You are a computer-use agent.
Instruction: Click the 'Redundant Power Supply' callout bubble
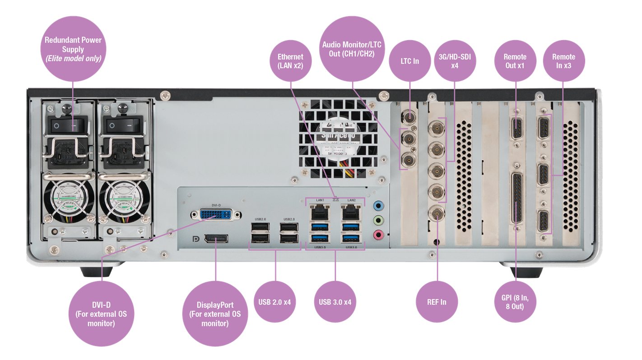click(x=73, y=48)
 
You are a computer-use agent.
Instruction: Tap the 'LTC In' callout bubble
click(x=409, y=60)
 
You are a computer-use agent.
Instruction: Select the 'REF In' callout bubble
click(x=437, y=301)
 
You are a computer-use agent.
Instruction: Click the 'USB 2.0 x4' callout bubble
click(x=275, y=301)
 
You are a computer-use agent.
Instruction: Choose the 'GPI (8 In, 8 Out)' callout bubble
click(x=515, y=301)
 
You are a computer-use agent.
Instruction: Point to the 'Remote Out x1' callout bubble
click(x=515, y=60)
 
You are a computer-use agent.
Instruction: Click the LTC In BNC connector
click(x=409, y=117)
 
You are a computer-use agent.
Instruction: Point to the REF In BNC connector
click(x=437, y=214)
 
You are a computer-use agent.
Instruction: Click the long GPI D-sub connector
click(x=515, y=199)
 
